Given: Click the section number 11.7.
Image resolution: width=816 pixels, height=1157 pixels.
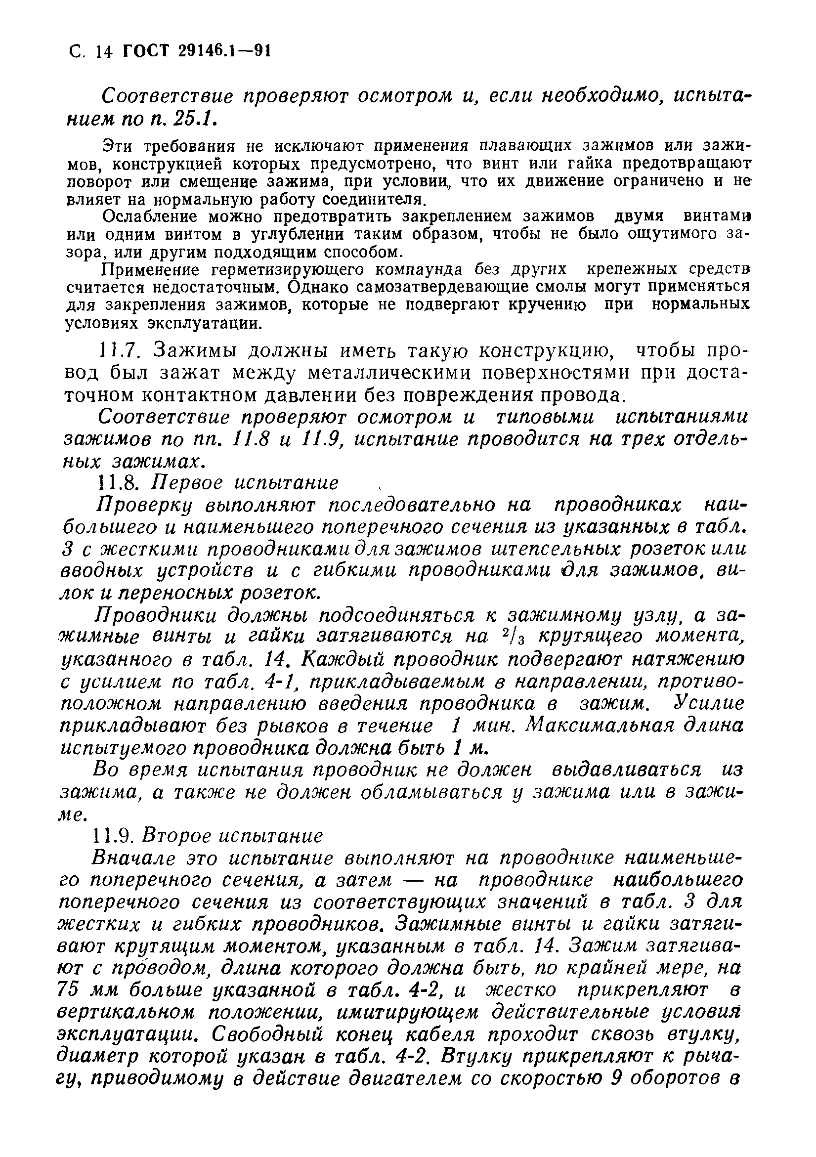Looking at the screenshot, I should (x=121, y=350).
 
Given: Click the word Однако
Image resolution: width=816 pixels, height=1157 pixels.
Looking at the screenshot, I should (x=317, y=287).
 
